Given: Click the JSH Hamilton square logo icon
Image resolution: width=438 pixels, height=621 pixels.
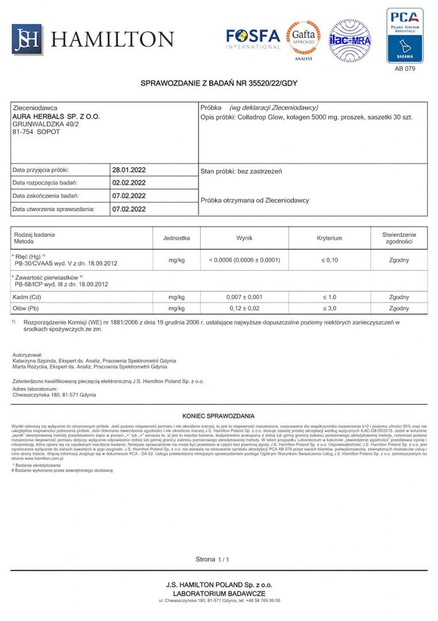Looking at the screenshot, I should coord(27,40).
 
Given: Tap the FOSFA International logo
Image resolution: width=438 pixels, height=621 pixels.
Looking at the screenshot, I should coord(253,39).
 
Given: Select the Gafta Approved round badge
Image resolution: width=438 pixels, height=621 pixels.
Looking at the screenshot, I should coord(303,38).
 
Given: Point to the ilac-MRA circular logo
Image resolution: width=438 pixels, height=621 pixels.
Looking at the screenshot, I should coord(349,40).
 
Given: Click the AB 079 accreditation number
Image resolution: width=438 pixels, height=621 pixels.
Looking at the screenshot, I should coord(405,68).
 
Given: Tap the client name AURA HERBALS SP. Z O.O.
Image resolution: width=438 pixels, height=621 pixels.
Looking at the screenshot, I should coord(56,116).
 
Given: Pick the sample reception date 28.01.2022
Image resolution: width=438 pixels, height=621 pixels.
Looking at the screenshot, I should coord(129,170).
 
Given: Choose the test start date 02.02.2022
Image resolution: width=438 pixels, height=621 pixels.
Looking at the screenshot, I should coord(129,183).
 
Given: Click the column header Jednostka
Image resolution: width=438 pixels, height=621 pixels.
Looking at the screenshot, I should coord(176,237).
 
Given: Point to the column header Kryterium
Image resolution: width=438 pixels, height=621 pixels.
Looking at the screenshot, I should coord(329,237).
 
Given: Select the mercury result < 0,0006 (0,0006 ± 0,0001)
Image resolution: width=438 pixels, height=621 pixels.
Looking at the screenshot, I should coord(244,260).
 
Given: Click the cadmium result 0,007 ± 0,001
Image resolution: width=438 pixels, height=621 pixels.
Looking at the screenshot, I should coord(244,297).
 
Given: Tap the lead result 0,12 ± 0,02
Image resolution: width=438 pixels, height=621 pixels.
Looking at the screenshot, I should coord(244,308).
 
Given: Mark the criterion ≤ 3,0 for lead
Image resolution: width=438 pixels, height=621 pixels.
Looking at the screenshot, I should coord(329,308).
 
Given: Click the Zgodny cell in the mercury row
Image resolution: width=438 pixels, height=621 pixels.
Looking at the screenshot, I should coord(399,260).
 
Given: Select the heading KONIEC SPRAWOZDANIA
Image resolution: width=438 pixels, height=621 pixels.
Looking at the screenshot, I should coord(218,416).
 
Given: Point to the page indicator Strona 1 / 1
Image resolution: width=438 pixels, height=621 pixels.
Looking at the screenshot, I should coord(212,559).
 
